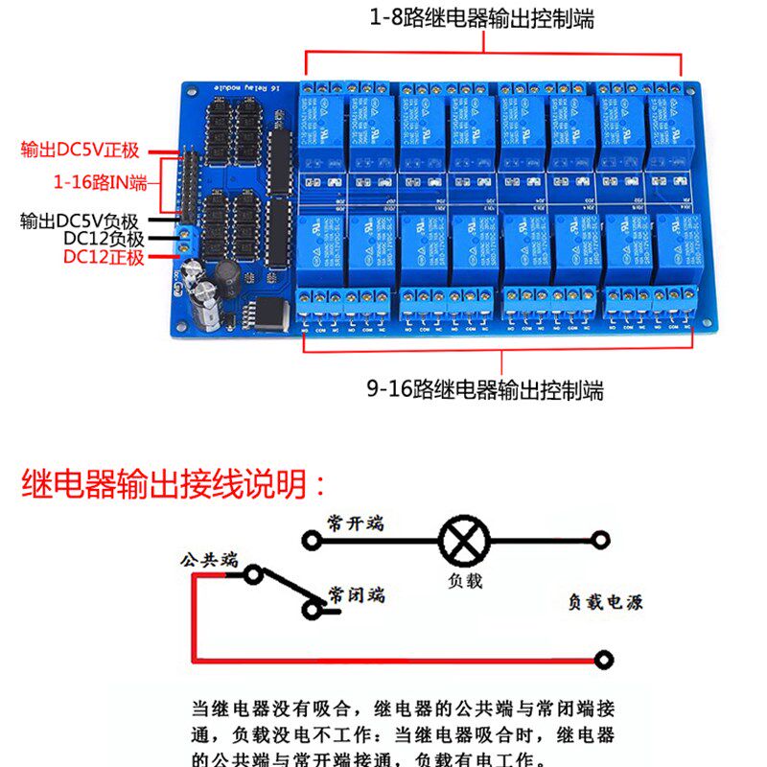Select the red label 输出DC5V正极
(x=81, y=150)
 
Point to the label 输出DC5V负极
(x=80, y=221)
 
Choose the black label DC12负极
(x=104, y=239)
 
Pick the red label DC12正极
(x=104, y=257)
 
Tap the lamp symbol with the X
(x=462, y=541)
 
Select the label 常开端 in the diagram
(x=355, y=523)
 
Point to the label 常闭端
(x=355, y=594)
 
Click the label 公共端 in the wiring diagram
(x=208, y=559)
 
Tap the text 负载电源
(x=605, y=602)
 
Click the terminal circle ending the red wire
(x=604, y=660)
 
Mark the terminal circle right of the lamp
(x=601, y=541)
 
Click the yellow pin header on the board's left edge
(x=189, y=182)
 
